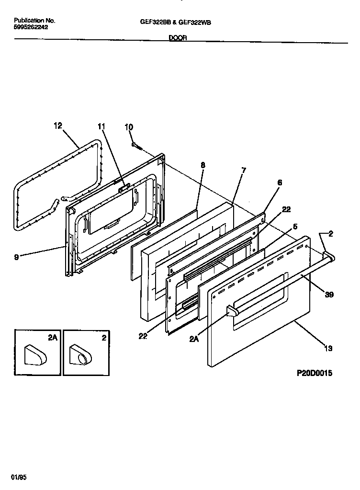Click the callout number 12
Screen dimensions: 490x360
(x=58, y=126)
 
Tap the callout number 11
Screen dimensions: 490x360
(x=101, y=126)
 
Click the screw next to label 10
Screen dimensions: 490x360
(x=136, y=145)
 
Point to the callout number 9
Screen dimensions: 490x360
(x=17, y=257)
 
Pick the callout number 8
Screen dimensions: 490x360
(x=202, y=165)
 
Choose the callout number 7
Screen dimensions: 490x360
(x=244, y=170)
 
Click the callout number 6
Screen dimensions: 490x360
(x=280, y=182)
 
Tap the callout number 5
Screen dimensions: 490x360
(x=295, y=226)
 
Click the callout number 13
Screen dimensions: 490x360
(x=328, y=348)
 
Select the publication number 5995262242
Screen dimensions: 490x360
(x=31, y=27)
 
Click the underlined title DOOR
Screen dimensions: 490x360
(x=178, y=38)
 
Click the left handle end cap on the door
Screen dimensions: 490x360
(x=232, y=312)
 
